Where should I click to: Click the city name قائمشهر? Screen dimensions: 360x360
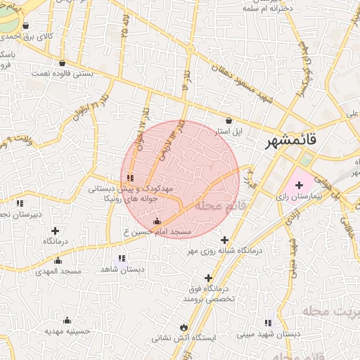[291, 142]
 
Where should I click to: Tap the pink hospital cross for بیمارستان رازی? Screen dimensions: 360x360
[299, 184]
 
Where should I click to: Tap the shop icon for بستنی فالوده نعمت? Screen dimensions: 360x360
[62, 63]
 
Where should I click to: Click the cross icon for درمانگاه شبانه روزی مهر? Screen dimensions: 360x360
[224, 240]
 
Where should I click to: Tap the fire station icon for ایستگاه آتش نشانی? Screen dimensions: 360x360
[184, 327]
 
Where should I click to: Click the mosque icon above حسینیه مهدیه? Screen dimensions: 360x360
[67, 321]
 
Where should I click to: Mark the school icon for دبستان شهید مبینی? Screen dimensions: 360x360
[267, 323]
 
